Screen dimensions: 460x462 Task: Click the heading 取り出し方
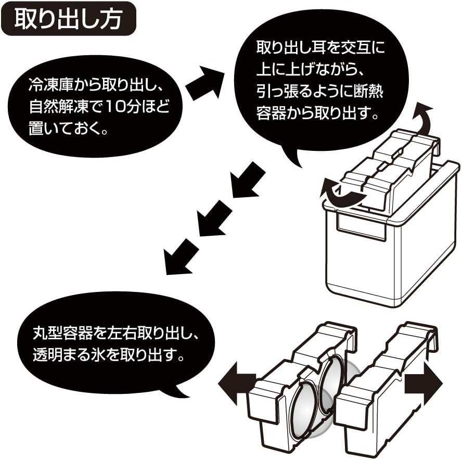[68, 19]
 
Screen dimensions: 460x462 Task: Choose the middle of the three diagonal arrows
[213, 218]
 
